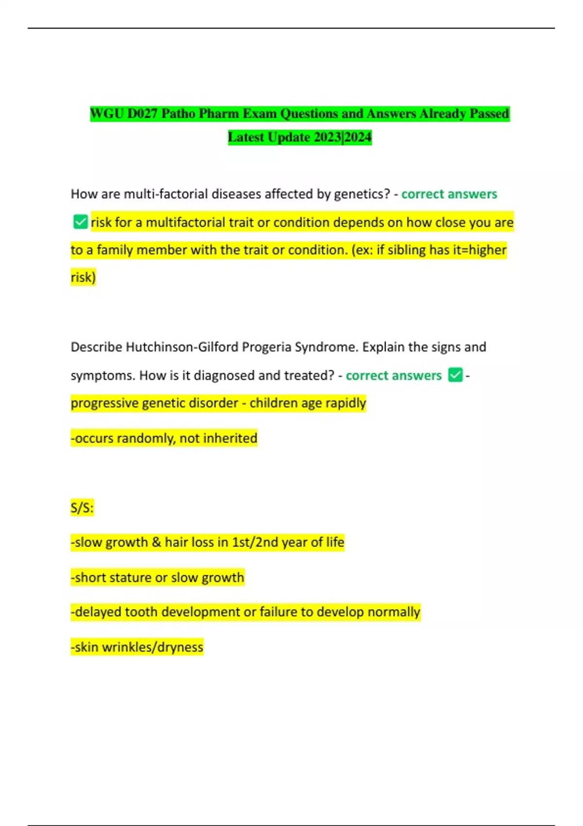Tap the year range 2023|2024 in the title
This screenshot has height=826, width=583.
(343, 138)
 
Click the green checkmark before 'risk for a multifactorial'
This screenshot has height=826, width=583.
(80, 222)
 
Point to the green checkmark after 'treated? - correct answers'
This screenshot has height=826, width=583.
(455, 375)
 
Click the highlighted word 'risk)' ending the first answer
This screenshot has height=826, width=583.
(84, 277)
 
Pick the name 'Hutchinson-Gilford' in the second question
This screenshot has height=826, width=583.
(182, 347)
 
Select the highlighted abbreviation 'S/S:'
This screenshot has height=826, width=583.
(82, 508)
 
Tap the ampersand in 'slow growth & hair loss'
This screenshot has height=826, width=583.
(156, 542)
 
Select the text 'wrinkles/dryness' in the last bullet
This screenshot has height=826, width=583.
(153, 647)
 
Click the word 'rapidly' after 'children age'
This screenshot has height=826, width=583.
(345, 403)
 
